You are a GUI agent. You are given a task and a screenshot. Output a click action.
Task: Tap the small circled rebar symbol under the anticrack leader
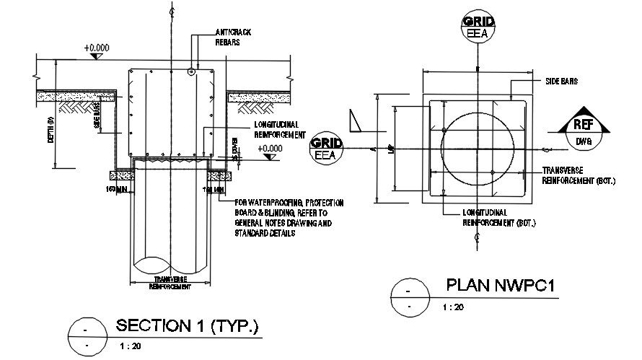(191, 71)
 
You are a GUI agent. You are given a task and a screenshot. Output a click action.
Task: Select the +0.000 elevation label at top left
(96, 48)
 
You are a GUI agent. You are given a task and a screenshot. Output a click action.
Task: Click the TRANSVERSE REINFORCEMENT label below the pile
(170, 283)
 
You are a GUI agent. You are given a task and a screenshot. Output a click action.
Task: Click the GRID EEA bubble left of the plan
(326, 149)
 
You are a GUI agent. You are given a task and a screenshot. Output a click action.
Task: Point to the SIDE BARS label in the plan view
(562, 82)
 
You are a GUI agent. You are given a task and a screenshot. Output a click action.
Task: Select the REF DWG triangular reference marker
(583, 128)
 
